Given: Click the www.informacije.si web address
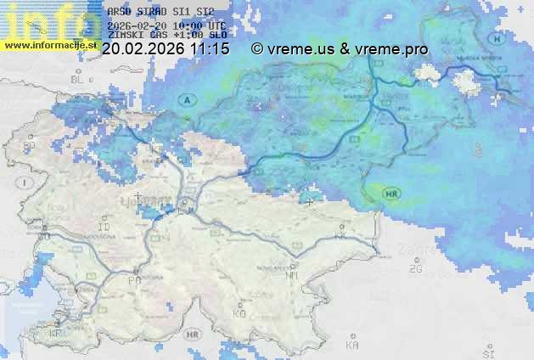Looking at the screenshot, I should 48,44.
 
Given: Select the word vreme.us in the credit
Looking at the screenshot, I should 298,49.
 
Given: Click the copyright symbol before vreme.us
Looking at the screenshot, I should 257,49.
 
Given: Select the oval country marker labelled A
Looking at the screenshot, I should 186,99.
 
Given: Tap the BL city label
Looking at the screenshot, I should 80,80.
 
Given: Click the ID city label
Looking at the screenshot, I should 104,228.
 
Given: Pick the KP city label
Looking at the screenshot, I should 56,334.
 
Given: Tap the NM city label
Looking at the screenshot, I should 292,276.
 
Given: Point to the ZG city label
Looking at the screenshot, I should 415,269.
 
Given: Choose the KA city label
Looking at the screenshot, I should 352,345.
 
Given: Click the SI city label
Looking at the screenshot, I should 487,352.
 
